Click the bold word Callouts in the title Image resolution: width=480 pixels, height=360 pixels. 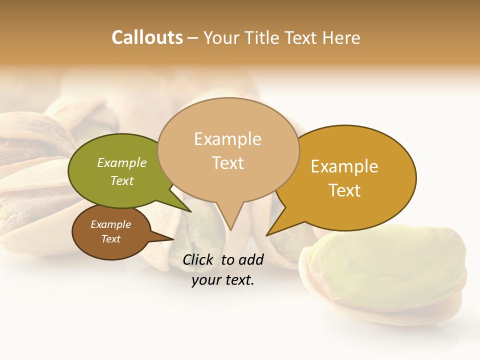tap(147, 37)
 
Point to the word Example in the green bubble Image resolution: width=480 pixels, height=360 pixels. tap(121, 163)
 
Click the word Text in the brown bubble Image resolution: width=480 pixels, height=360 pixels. tap(111, 239)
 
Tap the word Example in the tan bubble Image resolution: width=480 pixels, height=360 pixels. tap(227, 139)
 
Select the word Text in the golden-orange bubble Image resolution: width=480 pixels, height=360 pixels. tap(344, 190)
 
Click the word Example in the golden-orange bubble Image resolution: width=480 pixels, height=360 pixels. tap(344, 166)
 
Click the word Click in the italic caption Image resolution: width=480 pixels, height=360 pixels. tap(199, 259)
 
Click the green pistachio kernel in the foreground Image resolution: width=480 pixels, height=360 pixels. tap(395, 265)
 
